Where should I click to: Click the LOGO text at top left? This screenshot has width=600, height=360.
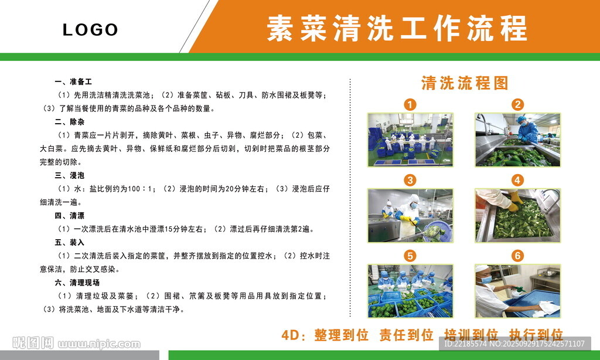90,29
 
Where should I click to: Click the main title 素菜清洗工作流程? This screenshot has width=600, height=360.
397,28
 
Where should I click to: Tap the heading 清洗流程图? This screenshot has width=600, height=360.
465,83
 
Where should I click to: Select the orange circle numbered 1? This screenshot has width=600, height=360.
410,104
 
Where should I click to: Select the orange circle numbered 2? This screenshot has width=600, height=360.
518,104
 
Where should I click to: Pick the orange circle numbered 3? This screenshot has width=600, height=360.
410,180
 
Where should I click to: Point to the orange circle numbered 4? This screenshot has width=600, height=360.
518,180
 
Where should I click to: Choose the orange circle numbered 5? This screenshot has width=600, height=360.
410,256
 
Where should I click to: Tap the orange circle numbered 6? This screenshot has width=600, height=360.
518,256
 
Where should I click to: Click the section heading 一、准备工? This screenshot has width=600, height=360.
73,81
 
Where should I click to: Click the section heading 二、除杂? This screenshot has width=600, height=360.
69,122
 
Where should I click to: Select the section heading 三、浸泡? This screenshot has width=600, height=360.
69,175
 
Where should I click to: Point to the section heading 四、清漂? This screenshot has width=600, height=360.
69,216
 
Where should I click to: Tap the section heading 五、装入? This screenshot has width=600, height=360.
69,242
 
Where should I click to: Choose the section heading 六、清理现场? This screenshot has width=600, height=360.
77,283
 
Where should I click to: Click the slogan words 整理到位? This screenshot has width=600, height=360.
342,335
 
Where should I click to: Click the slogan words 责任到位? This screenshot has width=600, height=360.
407,335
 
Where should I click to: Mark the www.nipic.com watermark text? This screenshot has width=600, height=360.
99,344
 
